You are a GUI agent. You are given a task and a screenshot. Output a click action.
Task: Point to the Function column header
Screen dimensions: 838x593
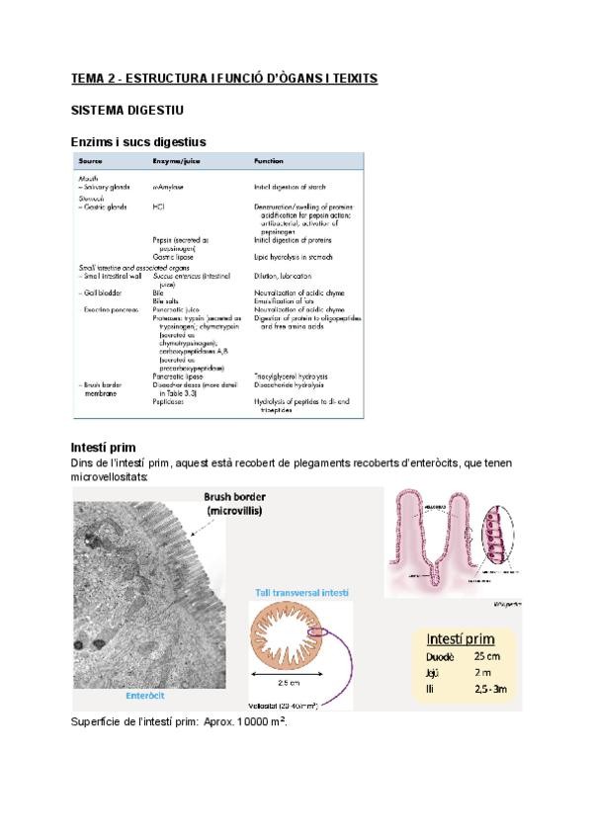coord(270,160)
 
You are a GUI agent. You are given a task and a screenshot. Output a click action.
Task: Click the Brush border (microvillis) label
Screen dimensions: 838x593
coord(242,504)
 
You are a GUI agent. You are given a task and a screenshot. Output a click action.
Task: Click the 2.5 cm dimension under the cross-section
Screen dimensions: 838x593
coord(288,683)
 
